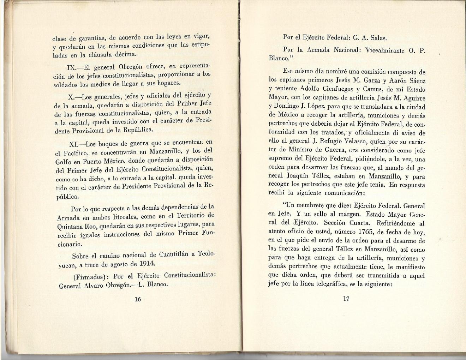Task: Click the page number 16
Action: pos(138,299)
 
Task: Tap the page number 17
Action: pos(346,299)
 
